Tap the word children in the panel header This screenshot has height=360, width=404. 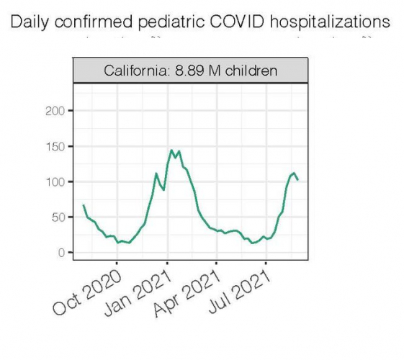251,71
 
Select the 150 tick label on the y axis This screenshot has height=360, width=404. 56,146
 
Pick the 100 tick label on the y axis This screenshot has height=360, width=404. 56,181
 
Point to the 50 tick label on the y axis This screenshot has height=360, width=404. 59,217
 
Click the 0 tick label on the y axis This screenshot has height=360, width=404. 62,253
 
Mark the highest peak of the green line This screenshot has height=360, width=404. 171,150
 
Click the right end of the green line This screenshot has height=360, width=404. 298,180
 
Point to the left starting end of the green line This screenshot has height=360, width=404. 84,205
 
